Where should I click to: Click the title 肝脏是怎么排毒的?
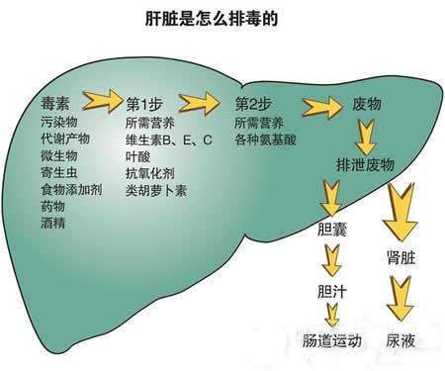(212, 18)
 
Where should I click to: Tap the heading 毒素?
(56, 103)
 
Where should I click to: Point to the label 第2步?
(253, 103)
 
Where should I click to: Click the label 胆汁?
(330, 293)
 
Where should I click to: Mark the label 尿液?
(400, 339)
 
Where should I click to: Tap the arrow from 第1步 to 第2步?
(199, 101)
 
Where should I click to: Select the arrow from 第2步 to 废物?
(316, 103)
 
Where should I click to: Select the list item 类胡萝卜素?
(155, 189)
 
